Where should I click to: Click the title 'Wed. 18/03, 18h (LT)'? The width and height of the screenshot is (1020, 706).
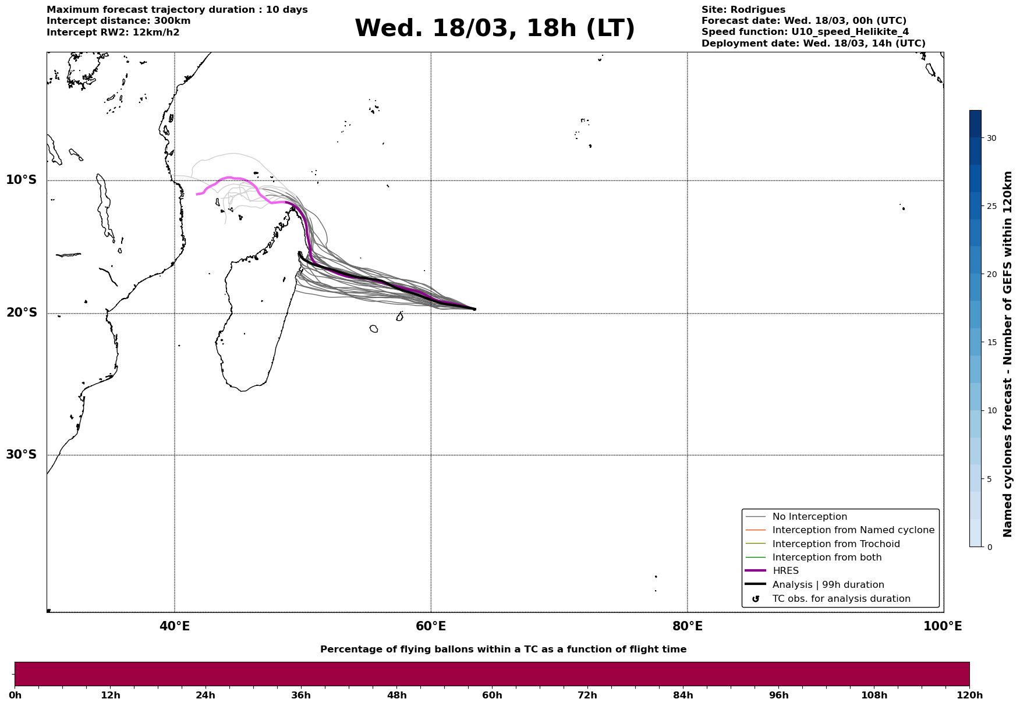(x=494, y=29)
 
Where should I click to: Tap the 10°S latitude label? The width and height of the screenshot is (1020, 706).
(x=22, y=180)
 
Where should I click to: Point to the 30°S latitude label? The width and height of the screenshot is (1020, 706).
(x=22, y=455)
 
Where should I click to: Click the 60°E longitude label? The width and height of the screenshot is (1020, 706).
(x=431, y=626)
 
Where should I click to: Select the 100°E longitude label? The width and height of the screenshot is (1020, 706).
(x=943, y=626)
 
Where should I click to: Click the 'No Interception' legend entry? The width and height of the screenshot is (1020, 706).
(x=809, y=517)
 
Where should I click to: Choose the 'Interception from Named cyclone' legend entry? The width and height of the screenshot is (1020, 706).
(x=853, y=530)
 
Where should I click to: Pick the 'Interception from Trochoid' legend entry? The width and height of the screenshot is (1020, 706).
(x=835, y=544)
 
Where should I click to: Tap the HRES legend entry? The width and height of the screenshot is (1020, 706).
(x=785, y=571)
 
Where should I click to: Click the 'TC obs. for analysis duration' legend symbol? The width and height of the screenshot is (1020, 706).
(x=756, y=599)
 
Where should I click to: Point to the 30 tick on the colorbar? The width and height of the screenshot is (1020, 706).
(x=991, y=138)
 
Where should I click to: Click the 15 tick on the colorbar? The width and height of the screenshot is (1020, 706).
(x=991, y=342)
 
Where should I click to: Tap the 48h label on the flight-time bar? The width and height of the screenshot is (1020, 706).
(x=397, y=696)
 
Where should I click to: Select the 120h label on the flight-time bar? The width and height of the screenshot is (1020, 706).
(x=969, y=696)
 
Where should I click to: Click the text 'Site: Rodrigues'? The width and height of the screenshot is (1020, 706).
(x=743, y=10)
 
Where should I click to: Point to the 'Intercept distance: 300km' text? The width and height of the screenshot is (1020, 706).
(x=118, y=21)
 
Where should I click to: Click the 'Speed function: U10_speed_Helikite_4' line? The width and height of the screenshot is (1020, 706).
(x=805, y=32)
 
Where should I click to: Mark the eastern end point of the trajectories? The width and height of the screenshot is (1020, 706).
(x=475, y=309)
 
